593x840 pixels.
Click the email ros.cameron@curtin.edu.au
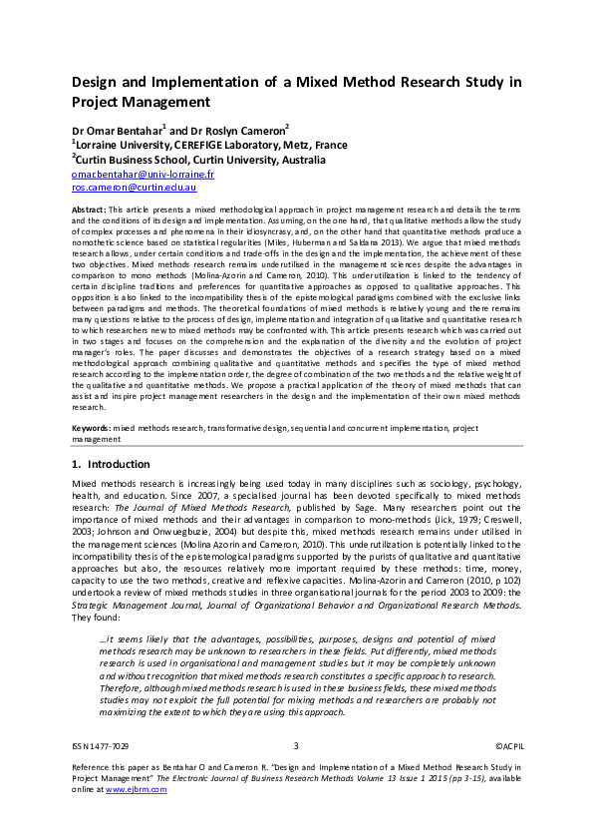pyautogui.click(x=134, y=188)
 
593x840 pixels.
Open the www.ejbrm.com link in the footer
pyautogui.click(x=136, y=789)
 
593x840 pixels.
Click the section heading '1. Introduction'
pyautogui.click(x=111, y=465)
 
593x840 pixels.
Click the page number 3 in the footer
pyautogui.click(x=296, y=745)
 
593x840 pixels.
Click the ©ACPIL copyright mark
pyautogui.click(x=508, y=745)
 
